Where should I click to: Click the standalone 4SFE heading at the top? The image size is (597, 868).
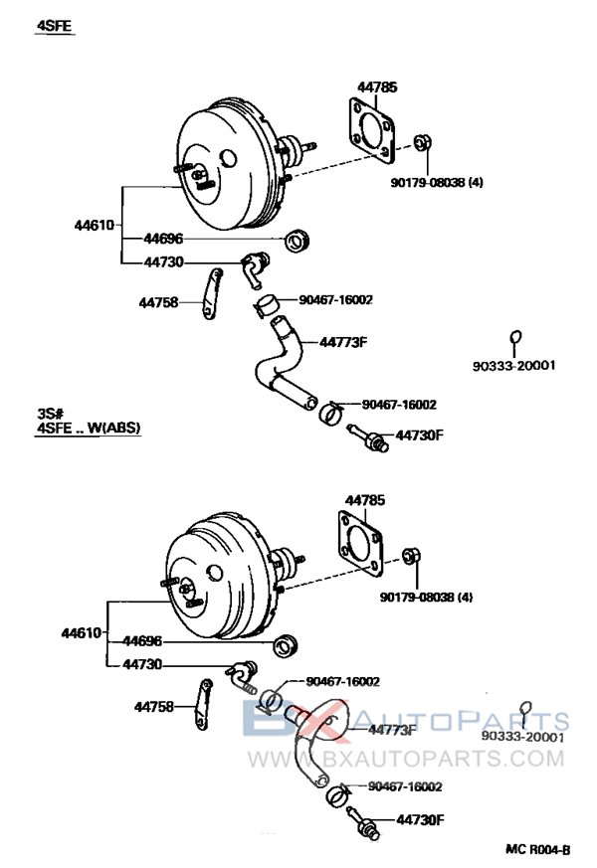[x=56, y=27]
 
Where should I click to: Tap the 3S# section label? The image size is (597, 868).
[x=51, y=412]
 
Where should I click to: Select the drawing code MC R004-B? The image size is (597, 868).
[x=537, y=850]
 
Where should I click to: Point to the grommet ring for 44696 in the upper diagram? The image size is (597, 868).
[x=297, y=241]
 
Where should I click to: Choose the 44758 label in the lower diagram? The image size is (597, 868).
[x=154, y=707]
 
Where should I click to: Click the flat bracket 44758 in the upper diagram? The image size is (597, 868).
[x=210, y=295]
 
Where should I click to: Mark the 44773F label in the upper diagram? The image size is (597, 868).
[x=343, y=342]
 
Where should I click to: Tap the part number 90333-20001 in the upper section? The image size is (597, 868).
[x=513, y=365]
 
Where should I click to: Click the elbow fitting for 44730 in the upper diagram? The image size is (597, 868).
[x=255, y=266]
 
